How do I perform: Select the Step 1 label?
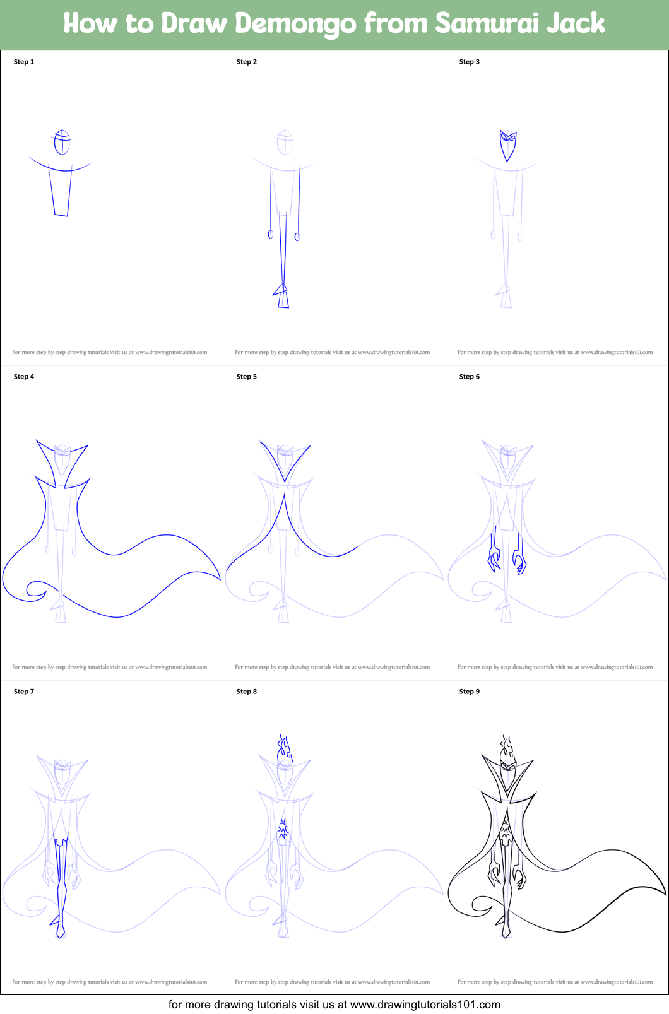[23, 62]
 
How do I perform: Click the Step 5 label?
[246, 377]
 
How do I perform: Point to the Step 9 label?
[469, 691]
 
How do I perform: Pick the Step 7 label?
[23, 691]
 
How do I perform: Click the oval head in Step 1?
[62, 142]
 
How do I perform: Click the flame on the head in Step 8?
[284, 747]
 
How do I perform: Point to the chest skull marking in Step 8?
[283, 829]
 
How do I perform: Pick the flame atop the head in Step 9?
[507, 747]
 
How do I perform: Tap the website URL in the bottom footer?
[425, 1005]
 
